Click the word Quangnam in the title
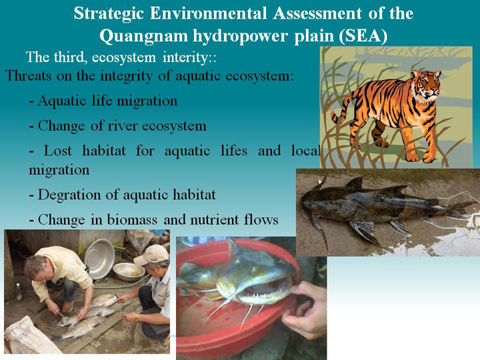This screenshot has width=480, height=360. [x=143, y=36]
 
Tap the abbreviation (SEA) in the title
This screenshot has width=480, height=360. [x=363, y=36]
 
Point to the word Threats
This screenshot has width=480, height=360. [x=29, y=75]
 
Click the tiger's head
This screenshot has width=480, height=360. [x=425, y=83]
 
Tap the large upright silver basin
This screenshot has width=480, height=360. [x=99, y=258]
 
